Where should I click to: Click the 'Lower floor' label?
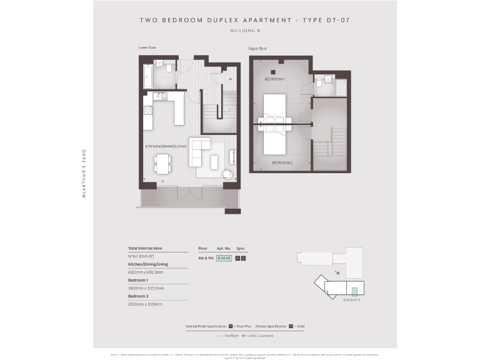click(x=147, y=47)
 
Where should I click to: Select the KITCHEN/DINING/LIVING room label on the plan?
click(x=166, y=146)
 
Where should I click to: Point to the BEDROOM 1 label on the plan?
click(x=274, y=80)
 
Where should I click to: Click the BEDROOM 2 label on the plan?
click(x=282, y=162)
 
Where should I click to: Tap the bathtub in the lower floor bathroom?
click(x=148, y=76)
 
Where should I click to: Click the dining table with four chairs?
click(x=162, y=164)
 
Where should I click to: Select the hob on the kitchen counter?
click(x=148, y=110)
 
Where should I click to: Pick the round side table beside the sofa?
click(x=227, y=175)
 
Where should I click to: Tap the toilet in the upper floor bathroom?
click(x=319, y=82)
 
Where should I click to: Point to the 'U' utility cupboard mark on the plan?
click(x=230, y=79)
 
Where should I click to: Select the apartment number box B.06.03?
click(x=224, y=257)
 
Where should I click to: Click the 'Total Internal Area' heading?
click(x=145, y=249)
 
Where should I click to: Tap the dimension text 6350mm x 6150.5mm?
click(x=146, y=272)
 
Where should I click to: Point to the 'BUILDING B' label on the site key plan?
click(x=352, y=300)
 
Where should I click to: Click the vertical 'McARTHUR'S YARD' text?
click(x=84, y=173)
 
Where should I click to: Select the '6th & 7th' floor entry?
click(x=206, y=257)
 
